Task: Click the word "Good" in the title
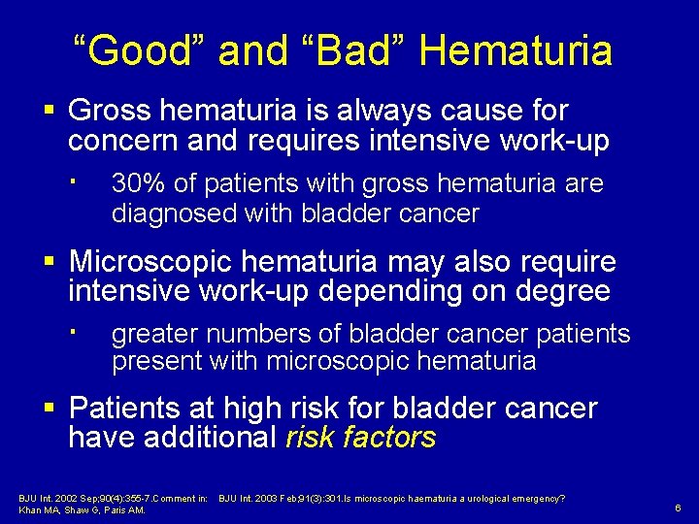[140, 50]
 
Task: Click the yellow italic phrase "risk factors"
[360, 438]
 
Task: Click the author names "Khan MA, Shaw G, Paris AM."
[83, 510]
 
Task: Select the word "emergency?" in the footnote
[538, 499]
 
